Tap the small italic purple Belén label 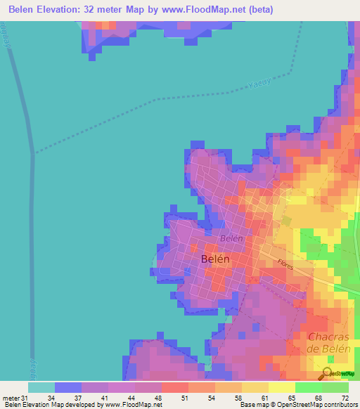(x=231, y=238)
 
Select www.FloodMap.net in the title (x=214, y=9)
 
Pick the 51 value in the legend (x=184, y=397)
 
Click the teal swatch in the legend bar (x=41, y=387)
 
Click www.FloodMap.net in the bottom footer (x=132, y=405)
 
